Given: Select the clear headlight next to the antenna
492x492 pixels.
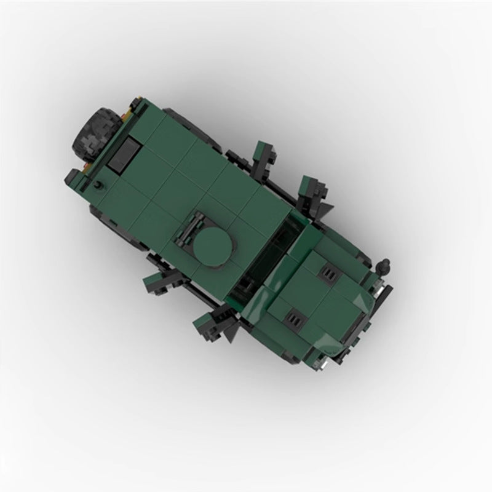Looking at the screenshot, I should coord(383,287).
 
